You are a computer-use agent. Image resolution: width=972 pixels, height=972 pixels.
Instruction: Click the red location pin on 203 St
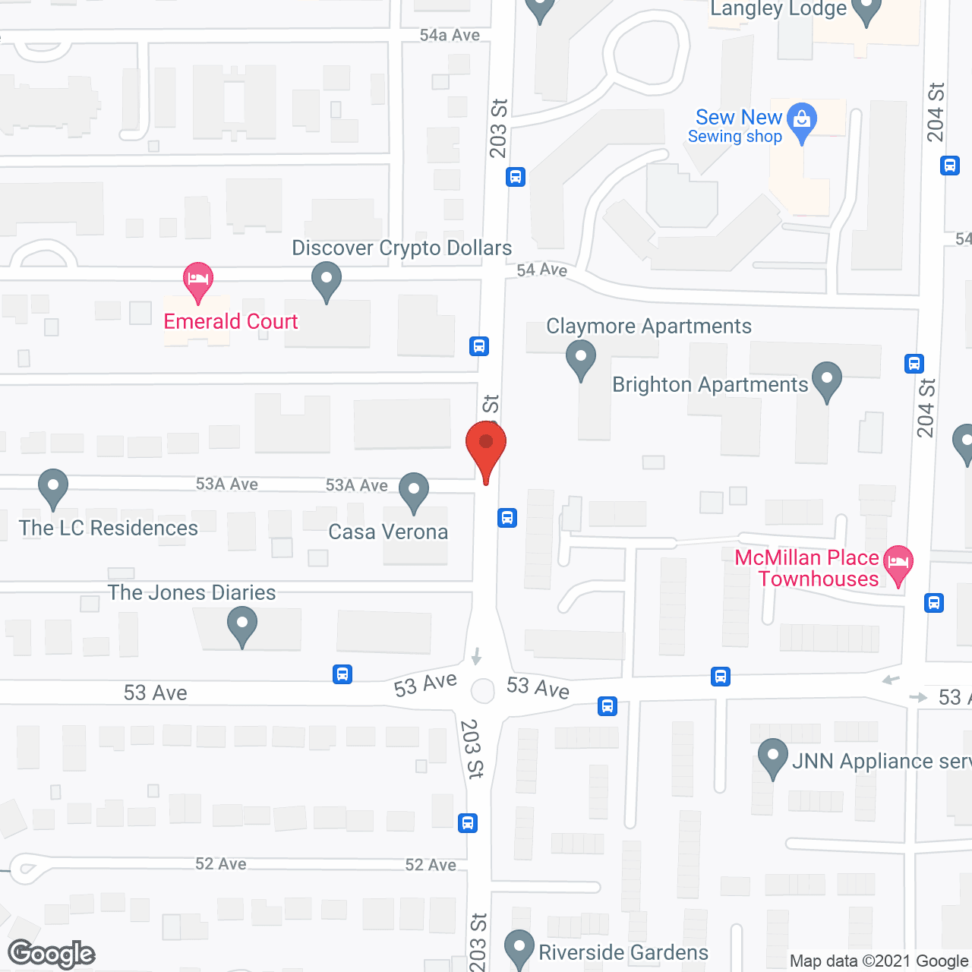pos(486,448)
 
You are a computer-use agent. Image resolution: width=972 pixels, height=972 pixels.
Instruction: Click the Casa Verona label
pos(388,532)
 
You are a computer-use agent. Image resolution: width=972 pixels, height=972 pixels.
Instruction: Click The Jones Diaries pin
pos(242,627)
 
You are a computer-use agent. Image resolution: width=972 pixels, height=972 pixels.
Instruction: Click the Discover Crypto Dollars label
pos(402,248)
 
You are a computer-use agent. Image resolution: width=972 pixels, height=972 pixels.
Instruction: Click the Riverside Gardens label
pos(623,952)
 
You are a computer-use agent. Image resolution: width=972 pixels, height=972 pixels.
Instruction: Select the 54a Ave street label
pos(450,35)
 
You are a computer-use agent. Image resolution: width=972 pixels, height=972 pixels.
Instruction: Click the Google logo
pos(52,954)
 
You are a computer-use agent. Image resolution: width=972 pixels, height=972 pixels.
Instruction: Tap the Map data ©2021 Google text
pos(879,961)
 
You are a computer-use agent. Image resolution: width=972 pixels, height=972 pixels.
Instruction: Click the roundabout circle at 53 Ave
pos(483,690)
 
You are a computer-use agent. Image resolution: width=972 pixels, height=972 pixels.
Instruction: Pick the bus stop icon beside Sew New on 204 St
pos(950,165)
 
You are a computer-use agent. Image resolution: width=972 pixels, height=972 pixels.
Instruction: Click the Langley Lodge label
pos(778,9)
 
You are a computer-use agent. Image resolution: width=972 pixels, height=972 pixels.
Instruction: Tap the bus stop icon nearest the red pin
pos(507,518)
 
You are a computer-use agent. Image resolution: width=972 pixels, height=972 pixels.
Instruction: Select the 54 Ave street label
pos(541,270)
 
